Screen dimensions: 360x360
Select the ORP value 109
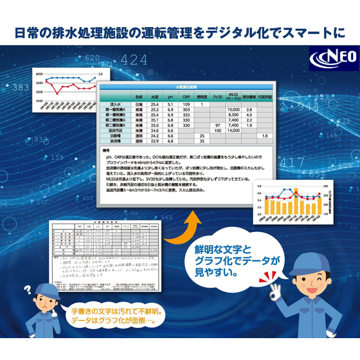tap(186, 104)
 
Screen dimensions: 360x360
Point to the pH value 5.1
tap(170, 104)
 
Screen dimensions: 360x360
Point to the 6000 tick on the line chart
tap(39, 75)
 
